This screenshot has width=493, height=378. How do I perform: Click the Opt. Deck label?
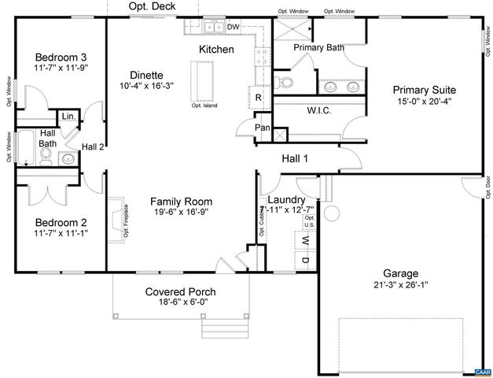pyautogui.click(x=153, y=6)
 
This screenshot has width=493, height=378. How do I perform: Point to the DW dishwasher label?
pyautogui.click(x=233, y=28)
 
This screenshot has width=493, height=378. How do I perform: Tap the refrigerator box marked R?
pyautogui.click(x=258, y=97)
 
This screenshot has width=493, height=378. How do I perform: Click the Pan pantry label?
pyautogui.click(x=263, y=128)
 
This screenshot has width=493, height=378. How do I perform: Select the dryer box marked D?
pyautogui.click(x=305, y=261)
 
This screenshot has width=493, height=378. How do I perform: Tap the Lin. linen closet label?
pyautogui.click(x=68, y=117)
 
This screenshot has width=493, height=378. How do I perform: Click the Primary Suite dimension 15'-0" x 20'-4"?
pyautogui.click(x=425, y=101)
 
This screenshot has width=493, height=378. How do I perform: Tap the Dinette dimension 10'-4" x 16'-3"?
pyautogui.click(x=147, y=85)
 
